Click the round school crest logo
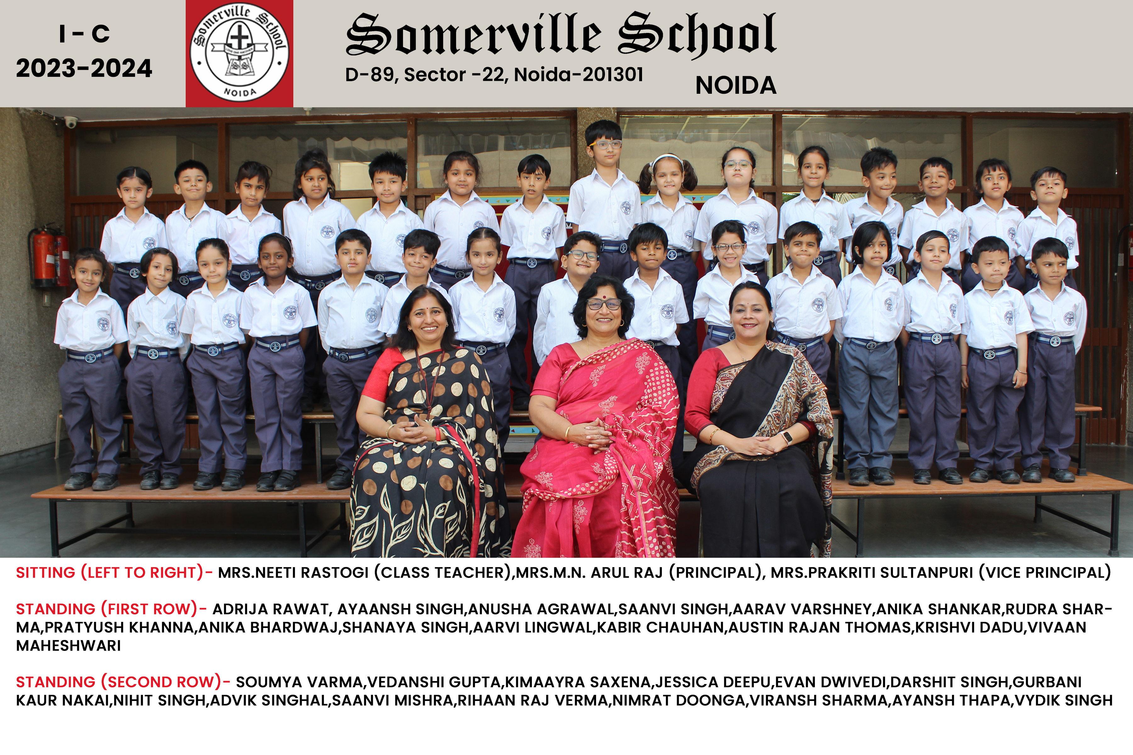pyautogui.click(x=240, y=53)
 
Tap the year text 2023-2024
pyautogui.click(x=84, y=68)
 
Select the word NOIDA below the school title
pyautogui.click(x=736, y=86)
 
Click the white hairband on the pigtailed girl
pyautogui.click(x=668, y=158)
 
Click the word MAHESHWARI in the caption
pyautogui.click(x=68, y=646)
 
